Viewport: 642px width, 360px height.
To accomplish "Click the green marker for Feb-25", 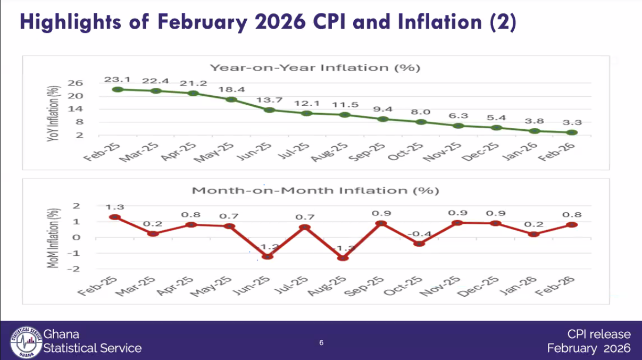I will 118,89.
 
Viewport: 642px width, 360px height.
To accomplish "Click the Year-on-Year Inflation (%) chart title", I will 315,68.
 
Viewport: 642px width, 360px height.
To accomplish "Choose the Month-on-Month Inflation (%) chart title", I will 315,190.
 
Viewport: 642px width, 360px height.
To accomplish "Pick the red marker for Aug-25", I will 343,258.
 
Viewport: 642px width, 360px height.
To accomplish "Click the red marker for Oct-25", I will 420,244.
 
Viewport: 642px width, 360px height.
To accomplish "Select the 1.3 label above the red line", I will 114,207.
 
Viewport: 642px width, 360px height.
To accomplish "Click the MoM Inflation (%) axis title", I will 53,237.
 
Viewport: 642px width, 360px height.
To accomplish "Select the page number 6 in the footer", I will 321,342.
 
